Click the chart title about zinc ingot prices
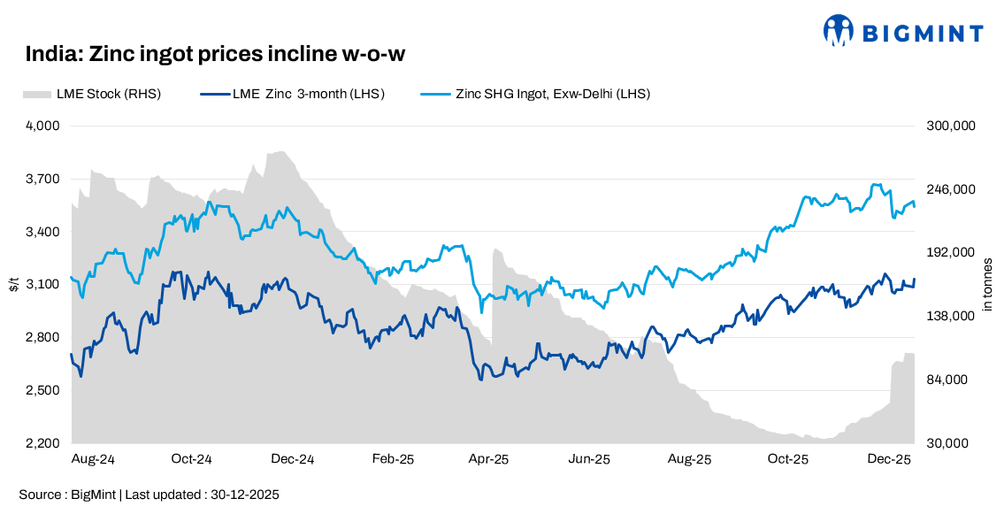(215, 55)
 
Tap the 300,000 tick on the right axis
(950, 126)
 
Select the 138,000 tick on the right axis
(950, 316)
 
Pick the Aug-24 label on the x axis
(93, 459)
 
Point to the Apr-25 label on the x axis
(488, 459)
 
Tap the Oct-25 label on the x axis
(788, 459)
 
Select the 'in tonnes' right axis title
(988, 284)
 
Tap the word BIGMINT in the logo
(923, 34)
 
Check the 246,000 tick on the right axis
(950, 189)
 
